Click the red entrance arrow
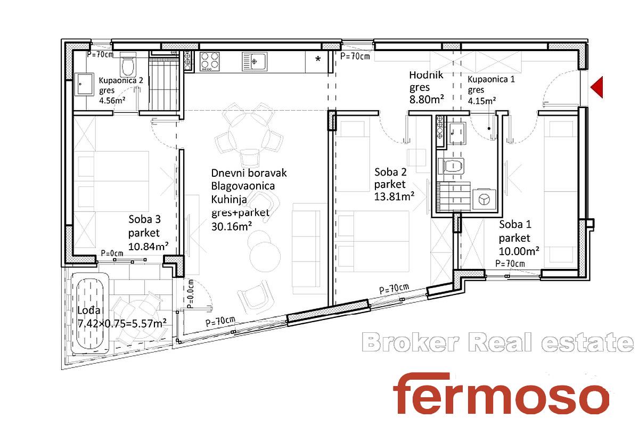[597, 87]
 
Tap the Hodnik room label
[426, 75]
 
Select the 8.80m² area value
[427, 100]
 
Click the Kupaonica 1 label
[491, 79]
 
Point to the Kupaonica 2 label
[121, 80]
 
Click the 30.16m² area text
[231, 226]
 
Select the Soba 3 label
[144, 219]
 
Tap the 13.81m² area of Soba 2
[394, 196]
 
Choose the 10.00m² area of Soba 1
[519, 251]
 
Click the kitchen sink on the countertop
[255, 61]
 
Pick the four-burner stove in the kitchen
[210, 61]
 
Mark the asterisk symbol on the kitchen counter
[318, 59]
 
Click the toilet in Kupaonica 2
[127, 65]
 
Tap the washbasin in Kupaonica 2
[84, 85]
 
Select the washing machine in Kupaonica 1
[484, 200]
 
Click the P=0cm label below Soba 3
[112, 253]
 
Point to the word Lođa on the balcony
[89, 310]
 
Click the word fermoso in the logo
[501, 394]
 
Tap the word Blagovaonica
[243, 186]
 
